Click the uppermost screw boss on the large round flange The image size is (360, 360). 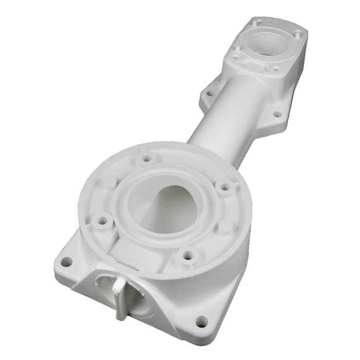[x=146, y=158]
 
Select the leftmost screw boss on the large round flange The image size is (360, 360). [x=102, y=221]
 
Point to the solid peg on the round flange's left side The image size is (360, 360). [x=109, y=182]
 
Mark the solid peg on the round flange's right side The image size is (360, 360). [x=226, y=226]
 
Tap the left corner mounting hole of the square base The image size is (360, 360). [x=66, y=262]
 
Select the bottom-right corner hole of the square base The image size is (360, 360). [x=202, y=322]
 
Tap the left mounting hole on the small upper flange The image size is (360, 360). [x=210, y=94]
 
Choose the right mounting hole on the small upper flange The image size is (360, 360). [x=277, y=114]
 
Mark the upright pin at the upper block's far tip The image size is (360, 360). [x=259, y=22]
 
